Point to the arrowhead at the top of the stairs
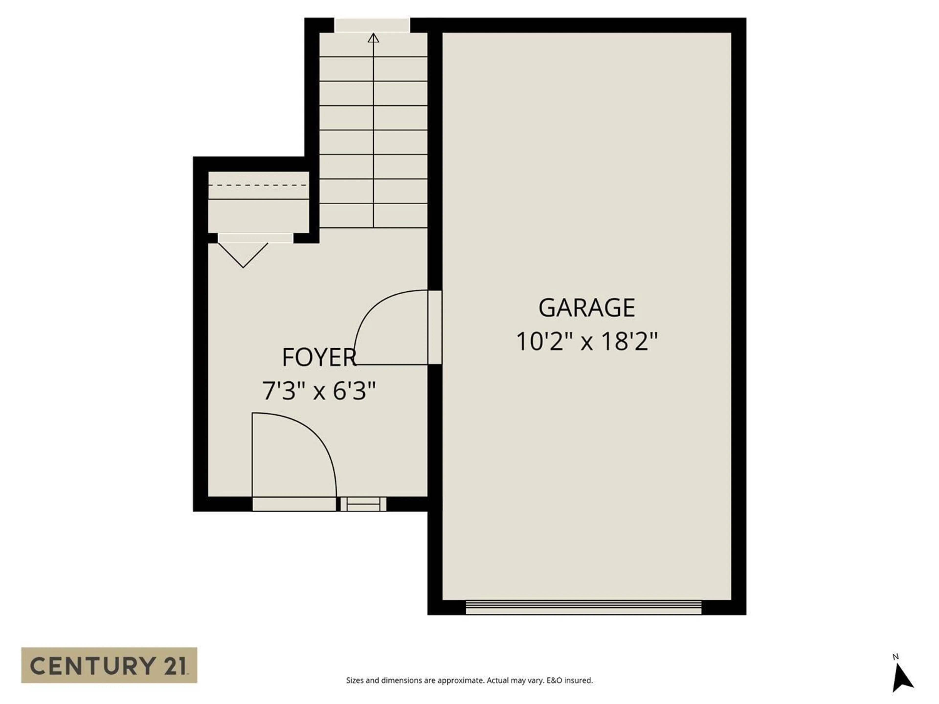(x=373, y=38)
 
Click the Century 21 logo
(x=109, y=665)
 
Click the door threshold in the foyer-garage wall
(x=435, y=327)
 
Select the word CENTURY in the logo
(x=91, y=665)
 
